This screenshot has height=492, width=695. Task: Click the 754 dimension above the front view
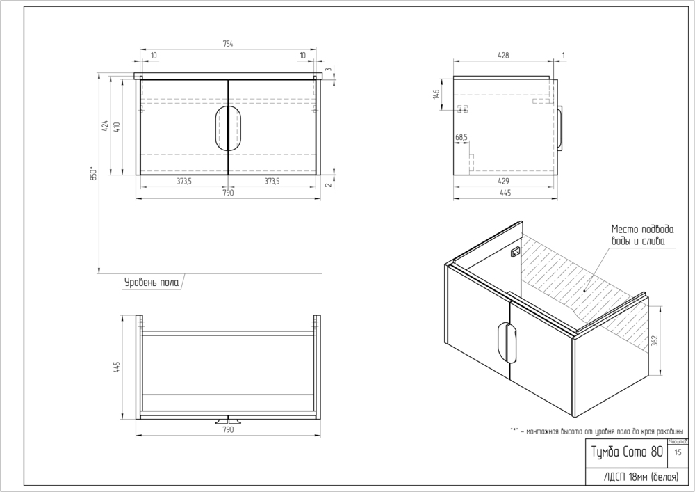click(x=228, y=44)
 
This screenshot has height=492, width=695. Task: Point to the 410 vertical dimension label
click(x=117, y=126)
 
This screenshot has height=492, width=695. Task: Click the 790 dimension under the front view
click(x=228, y=193)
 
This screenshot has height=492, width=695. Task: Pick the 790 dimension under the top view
click(x=228, y=430)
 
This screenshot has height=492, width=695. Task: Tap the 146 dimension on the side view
click(x=437, y=95)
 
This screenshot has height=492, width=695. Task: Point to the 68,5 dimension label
click(x=461, y=138)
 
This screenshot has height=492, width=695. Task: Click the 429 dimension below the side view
click(x=505, y=181)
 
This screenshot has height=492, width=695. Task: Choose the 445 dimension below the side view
click(x=505, y=193)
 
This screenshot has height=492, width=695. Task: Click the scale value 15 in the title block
click(x=678, y=452)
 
